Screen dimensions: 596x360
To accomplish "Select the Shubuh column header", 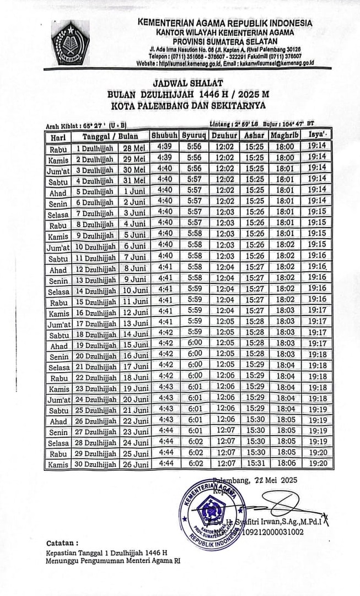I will pyautogui.click(x=164, y=135).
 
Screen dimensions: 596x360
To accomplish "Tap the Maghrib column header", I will pyautogui.click(x=284, y=135).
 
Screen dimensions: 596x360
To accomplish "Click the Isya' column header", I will pyautogui.click(x=317, y=135).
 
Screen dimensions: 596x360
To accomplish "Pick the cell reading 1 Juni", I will pyautogui.click(x=134, y=191).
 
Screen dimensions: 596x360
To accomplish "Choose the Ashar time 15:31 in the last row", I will pyautogui.click(x=254, y=464).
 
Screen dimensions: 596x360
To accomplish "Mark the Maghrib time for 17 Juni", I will pyautogui.click(x=285, y=366).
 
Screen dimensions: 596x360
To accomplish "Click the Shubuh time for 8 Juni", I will pyautogui.click(x=165, y=267).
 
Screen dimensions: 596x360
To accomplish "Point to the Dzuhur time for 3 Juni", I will pyautogui.click(x=225, y=212).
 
